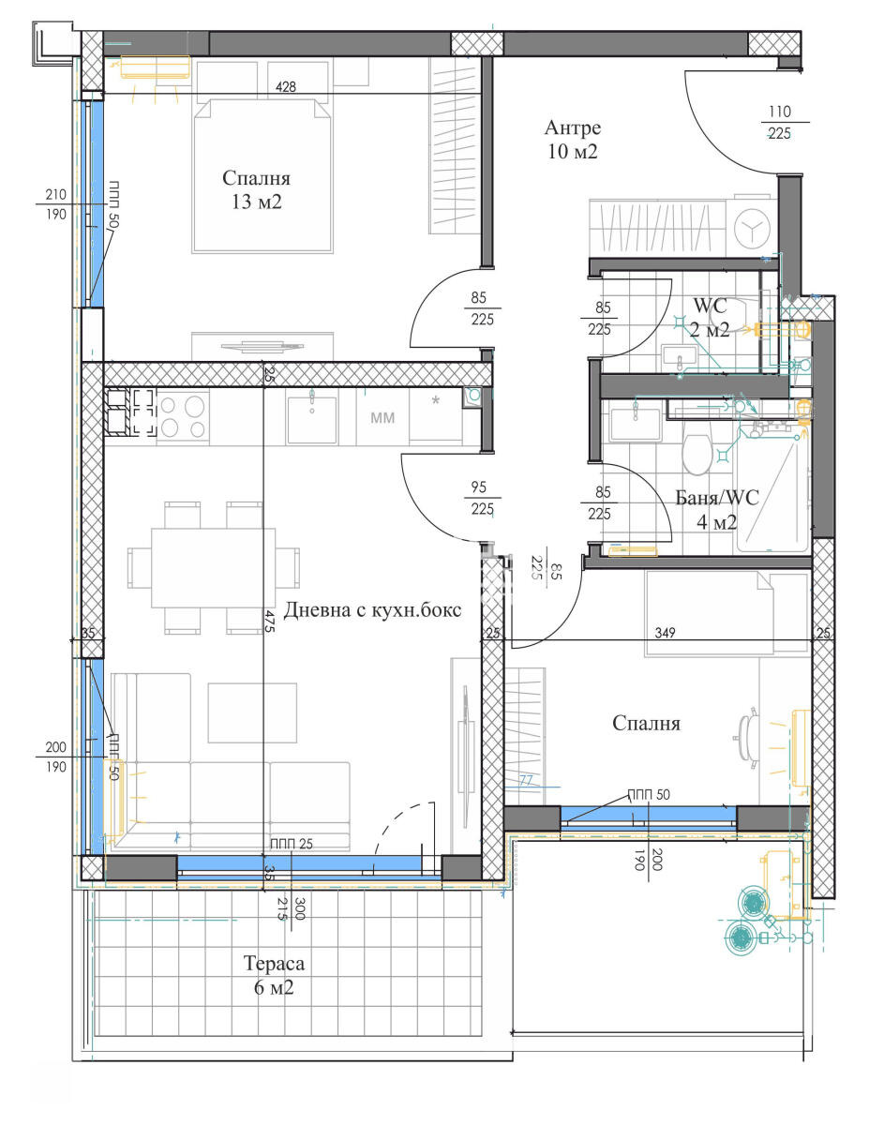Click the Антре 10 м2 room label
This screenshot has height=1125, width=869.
click(x=572, y=140)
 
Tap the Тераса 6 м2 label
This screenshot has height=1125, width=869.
click(x=274, y=975)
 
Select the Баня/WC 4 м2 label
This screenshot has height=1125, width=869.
click(x=717, y=509)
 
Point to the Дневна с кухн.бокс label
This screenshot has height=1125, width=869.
click(x=372, y=610)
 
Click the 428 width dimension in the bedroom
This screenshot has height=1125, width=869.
click(x=286, y=86)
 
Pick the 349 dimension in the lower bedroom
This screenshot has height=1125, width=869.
click(x=665, y=633)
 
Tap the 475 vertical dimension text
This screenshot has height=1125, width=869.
click(x=269, y=621)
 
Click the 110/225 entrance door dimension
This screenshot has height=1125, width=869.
click(x=779, y=123)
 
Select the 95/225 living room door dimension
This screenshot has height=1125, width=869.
click(x=482, y=498)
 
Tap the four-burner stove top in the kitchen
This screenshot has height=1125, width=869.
click(x=183, y=417)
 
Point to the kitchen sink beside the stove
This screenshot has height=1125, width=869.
click(x=312, y=419)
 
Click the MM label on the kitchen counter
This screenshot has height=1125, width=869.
click(x=382, y=417)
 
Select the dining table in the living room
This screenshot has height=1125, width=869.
click(x=213, y=568)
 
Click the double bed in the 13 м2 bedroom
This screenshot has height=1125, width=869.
click(x=262, y=175)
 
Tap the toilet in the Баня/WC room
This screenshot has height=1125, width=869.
click(x=697, y=454)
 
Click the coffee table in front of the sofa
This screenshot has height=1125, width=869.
click(x=252, y=712)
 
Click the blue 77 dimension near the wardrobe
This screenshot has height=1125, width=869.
click(x=525, y=780)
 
